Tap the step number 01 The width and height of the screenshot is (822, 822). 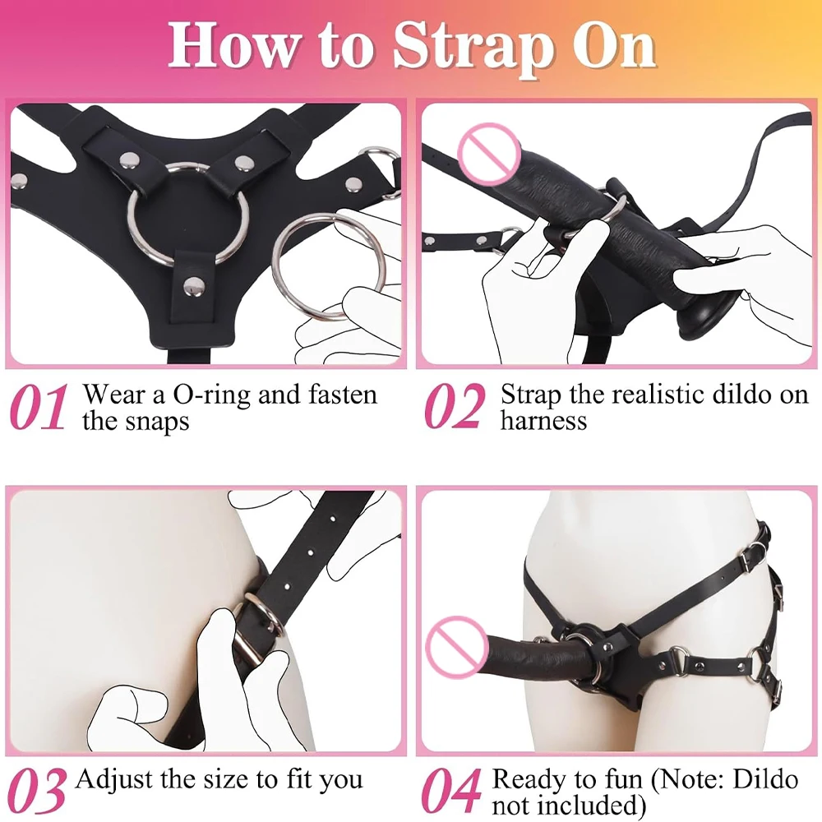click(39, 407)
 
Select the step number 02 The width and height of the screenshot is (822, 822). click(454, 407)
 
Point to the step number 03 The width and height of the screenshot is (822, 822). click(38, 791)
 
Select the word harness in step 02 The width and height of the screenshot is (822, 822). click(543, 421)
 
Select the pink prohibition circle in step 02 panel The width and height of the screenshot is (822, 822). click(489, 154)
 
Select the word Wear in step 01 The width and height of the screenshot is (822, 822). click(115, 395)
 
